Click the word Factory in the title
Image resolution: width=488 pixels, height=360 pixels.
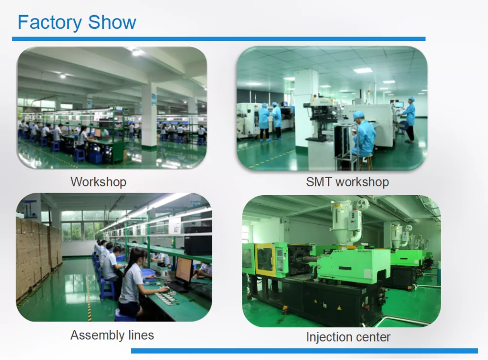[x=49, y=23]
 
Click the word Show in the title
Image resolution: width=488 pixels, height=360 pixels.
[x=112, y=22]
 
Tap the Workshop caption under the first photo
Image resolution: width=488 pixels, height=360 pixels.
[x=99, y=182]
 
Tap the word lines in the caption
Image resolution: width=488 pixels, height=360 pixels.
[x=141, y=335]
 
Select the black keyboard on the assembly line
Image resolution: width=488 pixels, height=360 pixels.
[x=177, y=287]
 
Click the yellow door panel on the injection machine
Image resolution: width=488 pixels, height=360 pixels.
[x=264, y=260]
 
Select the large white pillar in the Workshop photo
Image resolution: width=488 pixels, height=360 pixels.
[x=149, y=116]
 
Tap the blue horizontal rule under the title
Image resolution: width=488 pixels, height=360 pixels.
[x=219, y=39]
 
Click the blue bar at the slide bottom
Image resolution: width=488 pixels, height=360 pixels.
[x=305, y=351]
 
